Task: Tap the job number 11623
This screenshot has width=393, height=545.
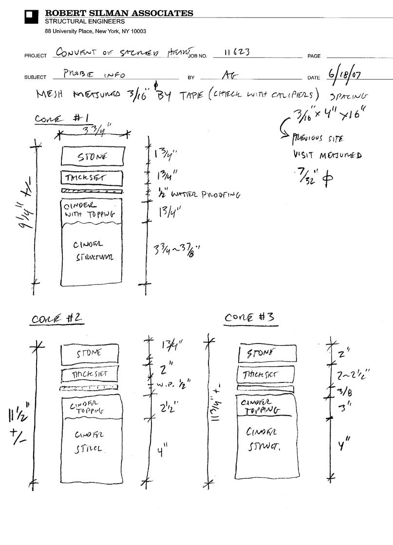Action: click(237, 52)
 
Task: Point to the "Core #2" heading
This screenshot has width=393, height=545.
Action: click(57, 319)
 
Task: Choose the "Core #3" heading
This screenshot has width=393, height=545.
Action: click(249, 317)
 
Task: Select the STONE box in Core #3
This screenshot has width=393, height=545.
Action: click(267, 353)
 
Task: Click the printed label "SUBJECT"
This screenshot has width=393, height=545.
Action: click(35, 77)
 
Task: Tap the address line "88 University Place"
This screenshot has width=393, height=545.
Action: click(95, 31)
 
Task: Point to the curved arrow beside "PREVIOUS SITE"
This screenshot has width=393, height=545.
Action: click(284, 127)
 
